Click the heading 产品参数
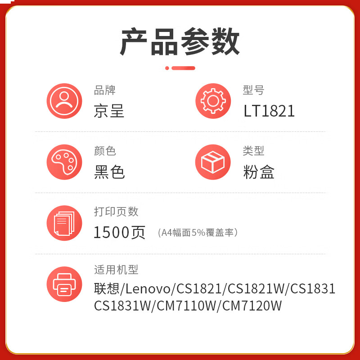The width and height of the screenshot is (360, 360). pos(180,42)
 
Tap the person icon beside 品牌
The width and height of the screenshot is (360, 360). pos(64,101)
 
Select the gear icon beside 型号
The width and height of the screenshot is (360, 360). pos(213,101)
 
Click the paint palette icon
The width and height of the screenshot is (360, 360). pos(64,162)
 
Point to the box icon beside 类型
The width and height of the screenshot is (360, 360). pos(213,162)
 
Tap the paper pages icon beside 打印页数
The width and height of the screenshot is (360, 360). pos(64,223)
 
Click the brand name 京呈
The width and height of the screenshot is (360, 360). pos(109,111)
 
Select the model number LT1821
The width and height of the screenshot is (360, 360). pos(269,111)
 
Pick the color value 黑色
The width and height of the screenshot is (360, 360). pos(109,172)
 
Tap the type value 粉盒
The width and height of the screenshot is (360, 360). pos(259,172)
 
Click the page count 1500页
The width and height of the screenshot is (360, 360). pos(119,232)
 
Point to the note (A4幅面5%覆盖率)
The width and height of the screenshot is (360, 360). pos(198,233)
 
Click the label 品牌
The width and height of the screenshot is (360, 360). pos(104,90)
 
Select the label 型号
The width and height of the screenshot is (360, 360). pos(253,90)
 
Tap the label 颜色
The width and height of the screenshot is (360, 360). pos(104,151)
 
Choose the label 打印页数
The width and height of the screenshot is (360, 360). pos(116,211)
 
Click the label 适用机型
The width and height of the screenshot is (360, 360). pos(116,270)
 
